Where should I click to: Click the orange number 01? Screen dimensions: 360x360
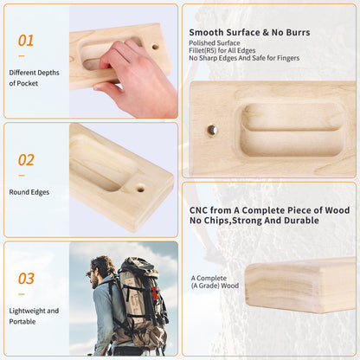tap(27, 40)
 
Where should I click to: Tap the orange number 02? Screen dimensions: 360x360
tap(27, 159)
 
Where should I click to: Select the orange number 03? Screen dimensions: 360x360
tap(27, 278)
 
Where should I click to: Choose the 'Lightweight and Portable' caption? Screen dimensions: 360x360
tap(35, 315)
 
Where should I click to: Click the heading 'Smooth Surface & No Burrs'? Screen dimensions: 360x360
tap(249, 33)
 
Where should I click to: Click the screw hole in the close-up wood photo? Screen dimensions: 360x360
tap(212, 130)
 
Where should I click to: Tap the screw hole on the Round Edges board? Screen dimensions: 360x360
tap(140, 187)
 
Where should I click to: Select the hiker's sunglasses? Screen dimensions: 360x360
tap(92, 271)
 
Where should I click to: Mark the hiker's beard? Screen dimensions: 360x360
tap(93, 282)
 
